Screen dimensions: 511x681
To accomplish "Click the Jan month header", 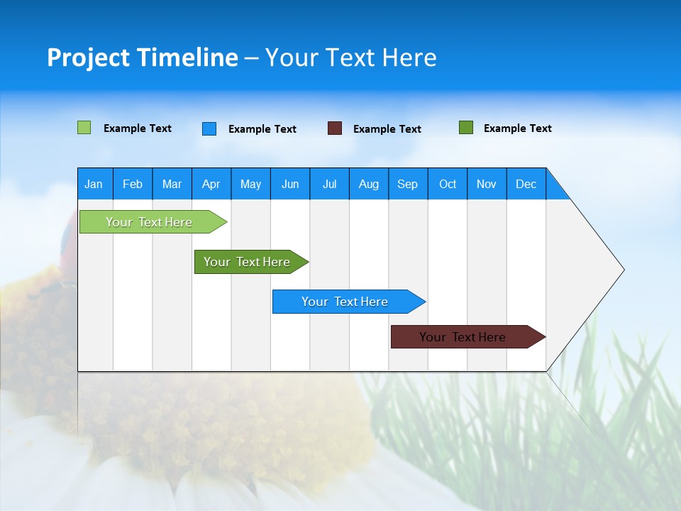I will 94,184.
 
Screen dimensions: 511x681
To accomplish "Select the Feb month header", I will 133,184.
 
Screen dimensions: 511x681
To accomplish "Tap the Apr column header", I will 211,184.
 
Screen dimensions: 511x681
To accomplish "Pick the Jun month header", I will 290,184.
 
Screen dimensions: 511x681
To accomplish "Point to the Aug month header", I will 368,184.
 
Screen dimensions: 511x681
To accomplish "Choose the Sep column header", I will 407,184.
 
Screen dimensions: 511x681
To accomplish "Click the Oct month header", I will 448,184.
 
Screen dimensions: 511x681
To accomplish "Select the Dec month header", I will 526,184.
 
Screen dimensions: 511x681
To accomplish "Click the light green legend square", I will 84,128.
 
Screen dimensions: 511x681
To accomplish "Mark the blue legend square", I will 209,128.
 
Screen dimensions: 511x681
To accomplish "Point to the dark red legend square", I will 335,128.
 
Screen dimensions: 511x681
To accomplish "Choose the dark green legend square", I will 466,128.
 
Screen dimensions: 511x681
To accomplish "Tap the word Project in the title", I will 87,57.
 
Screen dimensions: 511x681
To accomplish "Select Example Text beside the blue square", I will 262,129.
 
